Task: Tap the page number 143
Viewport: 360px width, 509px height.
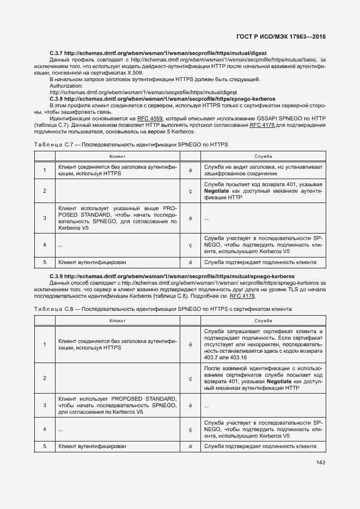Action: (320, 463)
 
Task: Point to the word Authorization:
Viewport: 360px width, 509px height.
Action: (66, 86)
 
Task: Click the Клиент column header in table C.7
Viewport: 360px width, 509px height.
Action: (117, 156)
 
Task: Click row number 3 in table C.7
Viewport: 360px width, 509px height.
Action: (45, 218)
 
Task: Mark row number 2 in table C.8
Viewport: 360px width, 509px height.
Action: (45, 378)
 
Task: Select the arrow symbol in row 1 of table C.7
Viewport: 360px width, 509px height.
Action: (191, 170)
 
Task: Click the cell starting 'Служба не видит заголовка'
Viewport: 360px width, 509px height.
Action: (263, 170)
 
